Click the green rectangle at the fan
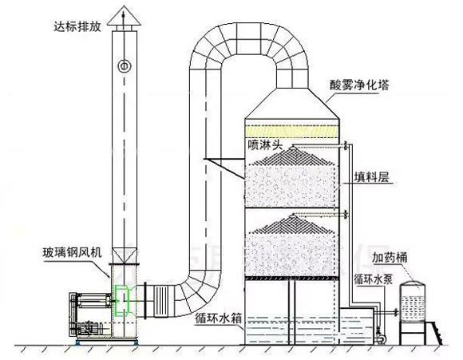(x=121, y=302)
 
